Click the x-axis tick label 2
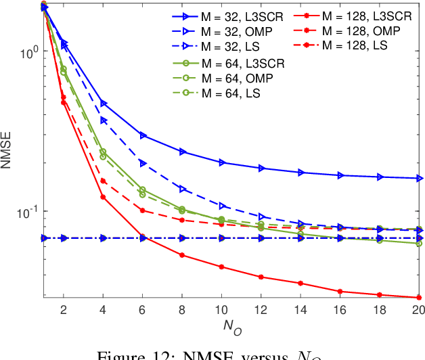(64, 310)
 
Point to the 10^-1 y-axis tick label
(28, 211)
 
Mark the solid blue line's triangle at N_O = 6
(143, 136)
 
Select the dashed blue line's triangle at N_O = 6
(143, 163)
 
